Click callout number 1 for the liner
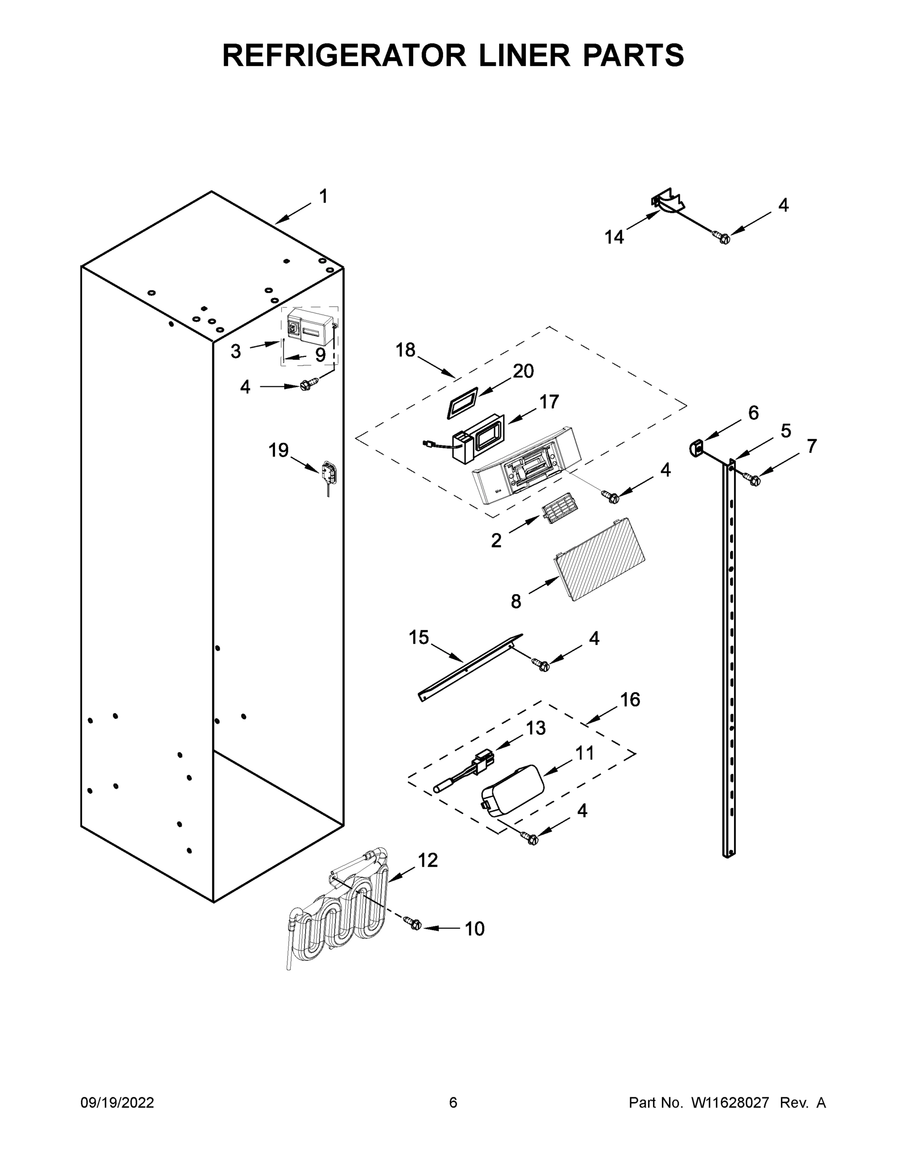pyautogui.click(x=323, y=196)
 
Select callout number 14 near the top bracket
pyautogui.click(x=614, y=237)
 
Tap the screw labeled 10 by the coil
pyautogui.click(x=415, y=939)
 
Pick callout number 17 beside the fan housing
pyautogui.click(x=549, y=401)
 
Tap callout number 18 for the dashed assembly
pyautogui.click(x=405, y=350)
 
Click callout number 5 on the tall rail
pyautogui.click(x=785, y=430)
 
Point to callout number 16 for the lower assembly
pyautogui.click(x=630, y=699)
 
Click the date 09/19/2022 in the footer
pyautogui.click(x=117, y=1103)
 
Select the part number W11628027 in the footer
pyautogui.click(x=730, y=1103)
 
